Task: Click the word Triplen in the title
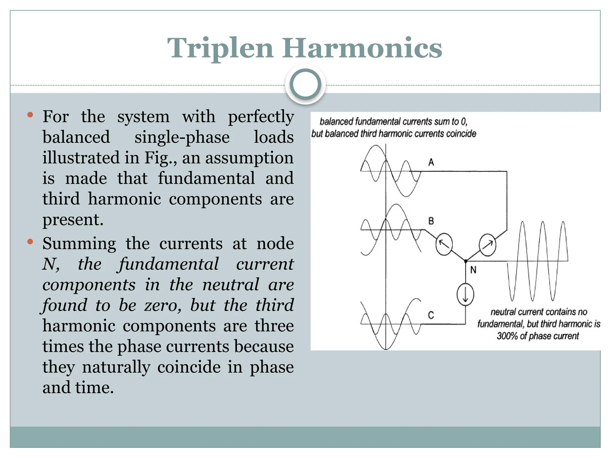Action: [x=220, y=48]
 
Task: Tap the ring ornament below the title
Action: [x=305, y=84]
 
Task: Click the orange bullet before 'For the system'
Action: [x=30, y=115]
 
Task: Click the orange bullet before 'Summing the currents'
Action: [x=30, y=242]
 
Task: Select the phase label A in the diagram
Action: [x=431, y=163]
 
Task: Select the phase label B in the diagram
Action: [x=431, y=221]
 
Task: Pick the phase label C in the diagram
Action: [x=431, y=315]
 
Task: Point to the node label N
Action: [x=473, y=270]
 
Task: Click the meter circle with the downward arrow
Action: [x=465, y=295]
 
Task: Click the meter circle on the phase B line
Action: [x=444, y=245]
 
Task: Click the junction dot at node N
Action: [x=466, y=261]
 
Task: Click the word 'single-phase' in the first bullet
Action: [x=182, y=137]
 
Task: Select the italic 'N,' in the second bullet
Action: [x=51, y=264]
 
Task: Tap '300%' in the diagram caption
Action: [x=507, y=336]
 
